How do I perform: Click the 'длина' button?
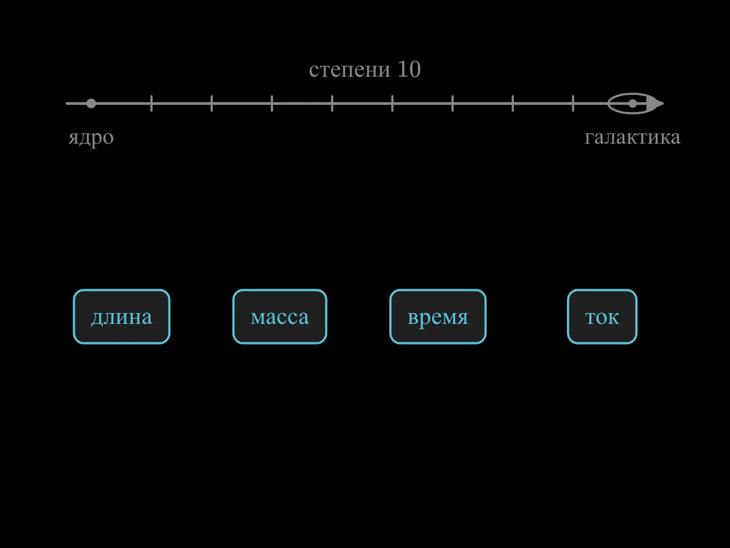(x=122, y=317)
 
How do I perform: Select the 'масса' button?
(x=280, y=317)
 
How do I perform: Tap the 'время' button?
(x=438, y=317)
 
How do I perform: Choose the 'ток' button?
(x=602, y=317)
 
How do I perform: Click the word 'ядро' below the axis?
(x=91, y=138)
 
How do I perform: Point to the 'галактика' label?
(x=633, y=137)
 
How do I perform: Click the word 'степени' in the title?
(x=350, y=69)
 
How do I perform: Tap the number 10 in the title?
(x=409, y=69)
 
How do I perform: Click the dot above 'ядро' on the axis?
(x=91, y=104)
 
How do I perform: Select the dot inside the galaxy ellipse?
(x=633, y=104)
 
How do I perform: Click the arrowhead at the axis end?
(x=655, y=104)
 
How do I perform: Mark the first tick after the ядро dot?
(x=151, y=104)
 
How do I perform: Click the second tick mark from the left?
(x=212, y=104)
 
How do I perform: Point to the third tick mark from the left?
(x=272, y=104)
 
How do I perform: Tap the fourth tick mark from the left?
(x=332, y=104)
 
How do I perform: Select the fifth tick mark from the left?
(x=392, y=104)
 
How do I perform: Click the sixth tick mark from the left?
(x=453, y=104)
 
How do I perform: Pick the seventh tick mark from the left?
(x=513, y=104)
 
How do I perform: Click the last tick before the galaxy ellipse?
(x=573, y=104)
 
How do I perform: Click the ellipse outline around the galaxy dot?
(x=633, y=94)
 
